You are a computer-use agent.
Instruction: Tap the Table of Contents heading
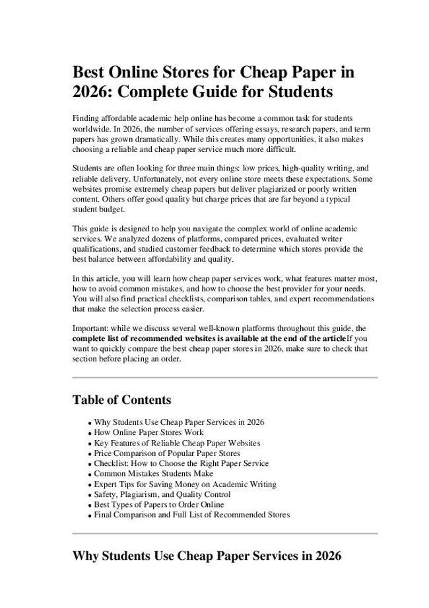(x=121, y=400)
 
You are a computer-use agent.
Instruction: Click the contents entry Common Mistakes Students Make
(x=153, y=473)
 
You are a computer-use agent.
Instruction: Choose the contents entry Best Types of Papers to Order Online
(x=158, y=504)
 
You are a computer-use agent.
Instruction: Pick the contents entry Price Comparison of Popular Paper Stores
(x=167, y=453)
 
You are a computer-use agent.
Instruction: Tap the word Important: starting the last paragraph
(x=90, y=328)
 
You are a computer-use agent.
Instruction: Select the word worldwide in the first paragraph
(x=90, y=127)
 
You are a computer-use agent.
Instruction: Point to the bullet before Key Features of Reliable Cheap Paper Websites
(x=89, y=443)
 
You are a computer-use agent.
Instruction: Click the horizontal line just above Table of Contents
(x=224, y=377)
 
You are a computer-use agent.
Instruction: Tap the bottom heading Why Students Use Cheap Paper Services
(x=207, y=556)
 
